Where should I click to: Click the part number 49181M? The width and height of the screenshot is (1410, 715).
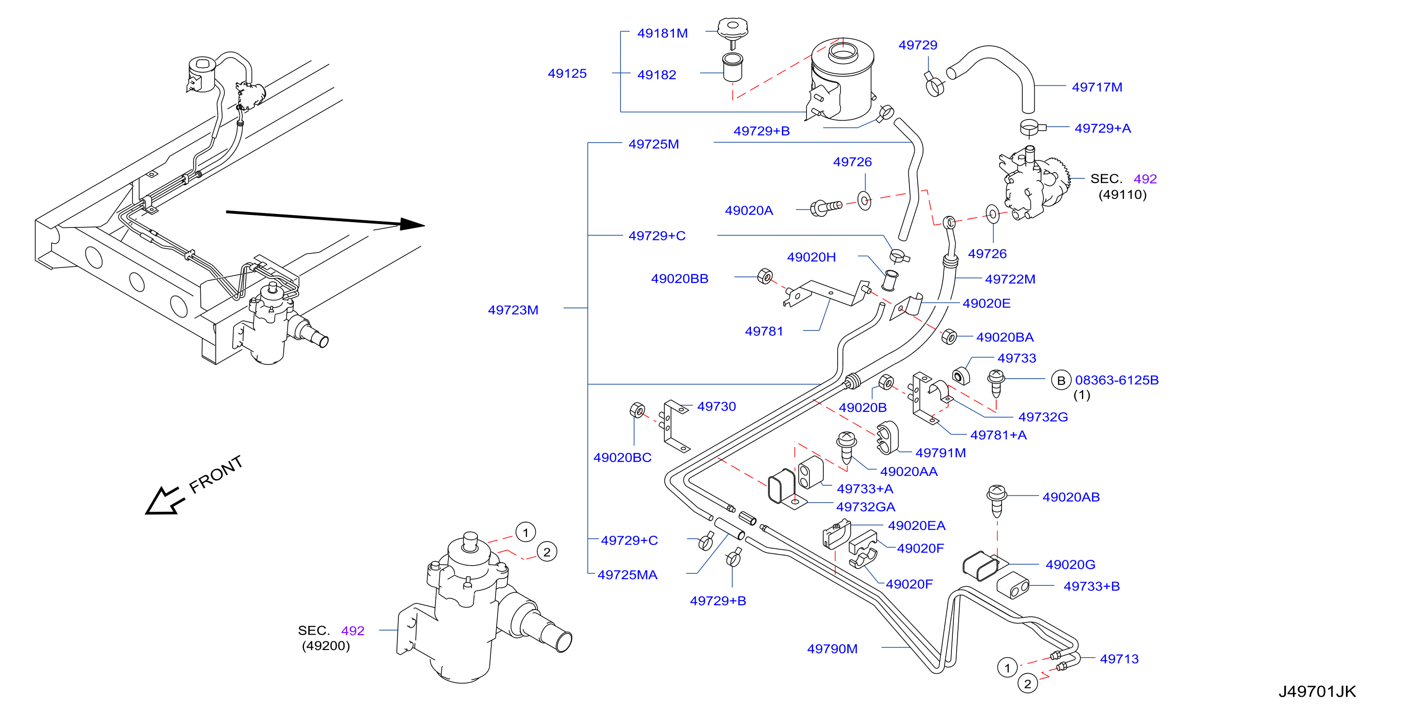(x=662, y=33)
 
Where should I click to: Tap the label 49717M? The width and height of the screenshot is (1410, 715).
(x=1097, y=87)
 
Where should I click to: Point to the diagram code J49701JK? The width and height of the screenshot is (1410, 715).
(x=1317, y=691)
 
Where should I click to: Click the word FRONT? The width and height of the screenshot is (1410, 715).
(x=216, y=474)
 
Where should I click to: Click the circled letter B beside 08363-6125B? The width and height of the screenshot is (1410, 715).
(x=1061, y=381)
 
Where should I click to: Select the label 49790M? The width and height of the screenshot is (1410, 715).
(x=832, y=649)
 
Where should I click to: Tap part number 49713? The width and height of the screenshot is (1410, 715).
(x=1119, y=659)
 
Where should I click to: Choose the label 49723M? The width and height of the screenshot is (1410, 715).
(x=513, y=310)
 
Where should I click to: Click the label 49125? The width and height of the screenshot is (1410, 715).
(x=567, y=73)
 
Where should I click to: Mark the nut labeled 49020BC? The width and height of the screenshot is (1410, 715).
(x=637, y=410)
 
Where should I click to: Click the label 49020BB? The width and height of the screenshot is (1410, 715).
(x=679, y=278)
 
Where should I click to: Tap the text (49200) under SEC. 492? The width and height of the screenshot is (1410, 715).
(x=326, y=646)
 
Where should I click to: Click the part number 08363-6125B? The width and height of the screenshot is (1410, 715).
(x=1117, y=380)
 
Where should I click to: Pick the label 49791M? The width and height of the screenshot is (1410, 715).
(x=940, y=453)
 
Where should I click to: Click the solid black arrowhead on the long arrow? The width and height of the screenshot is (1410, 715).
(x=411, y=224)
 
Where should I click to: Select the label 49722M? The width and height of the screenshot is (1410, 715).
(x=1010, y=279)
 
